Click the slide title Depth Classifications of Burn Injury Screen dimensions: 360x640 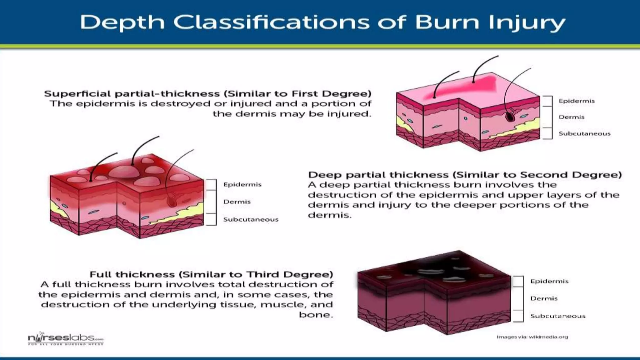point(322,22)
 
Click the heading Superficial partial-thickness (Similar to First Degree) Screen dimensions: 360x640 point(208,94)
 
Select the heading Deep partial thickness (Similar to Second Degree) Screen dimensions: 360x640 point(465,175)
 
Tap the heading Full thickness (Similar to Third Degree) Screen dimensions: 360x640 point(211,274)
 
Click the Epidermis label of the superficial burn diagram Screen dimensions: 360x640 point(577,101)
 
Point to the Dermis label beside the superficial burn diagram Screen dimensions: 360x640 point(572,117)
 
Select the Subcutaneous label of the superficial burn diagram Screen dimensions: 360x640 point(584,134)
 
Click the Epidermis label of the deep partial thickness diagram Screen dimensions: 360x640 point(242,185)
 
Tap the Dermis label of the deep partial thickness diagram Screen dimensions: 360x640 point(237,202)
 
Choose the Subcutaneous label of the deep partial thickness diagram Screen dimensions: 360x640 point(251,220)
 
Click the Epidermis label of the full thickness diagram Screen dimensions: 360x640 point(549,281)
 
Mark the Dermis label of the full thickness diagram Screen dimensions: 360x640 point(544,298)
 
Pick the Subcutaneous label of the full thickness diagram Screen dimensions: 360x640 point(558,316)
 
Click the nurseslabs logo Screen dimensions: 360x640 point(65,338)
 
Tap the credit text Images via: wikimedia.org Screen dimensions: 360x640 point(532,337)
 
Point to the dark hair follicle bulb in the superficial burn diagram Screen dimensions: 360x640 point(510,116)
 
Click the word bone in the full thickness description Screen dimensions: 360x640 point(315,315)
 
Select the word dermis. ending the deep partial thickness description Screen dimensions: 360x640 point(329,215)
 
